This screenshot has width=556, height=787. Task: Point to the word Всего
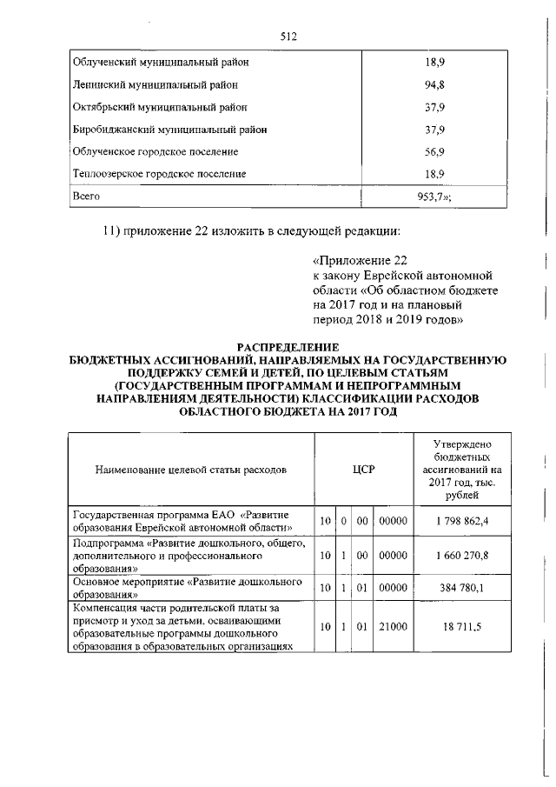pyautogui.click(x=85, y=197)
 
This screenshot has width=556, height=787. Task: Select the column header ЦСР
pyautogui.click(x=364, y=470)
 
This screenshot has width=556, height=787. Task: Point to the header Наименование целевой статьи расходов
pyautogui.click(x=190, y=470)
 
